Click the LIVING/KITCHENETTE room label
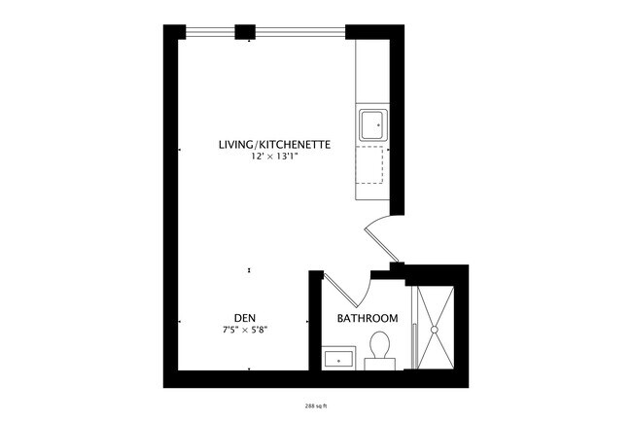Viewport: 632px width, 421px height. tap(275, 145)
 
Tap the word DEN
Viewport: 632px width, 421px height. tap(245, 317)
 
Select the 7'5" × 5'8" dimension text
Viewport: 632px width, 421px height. tap(245, 330)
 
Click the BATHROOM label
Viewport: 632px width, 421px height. tap(368, 319)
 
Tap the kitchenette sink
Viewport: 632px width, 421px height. tap(372, 125)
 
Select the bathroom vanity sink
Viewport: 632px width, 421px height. tap(338, 358)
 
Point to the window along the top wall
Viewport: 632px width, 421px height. tap(292, 32)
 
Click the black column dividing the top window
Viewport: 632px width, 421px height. tap(244, 31)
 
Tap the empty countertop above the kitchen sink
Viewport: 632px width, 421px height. tap(372, 73)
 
